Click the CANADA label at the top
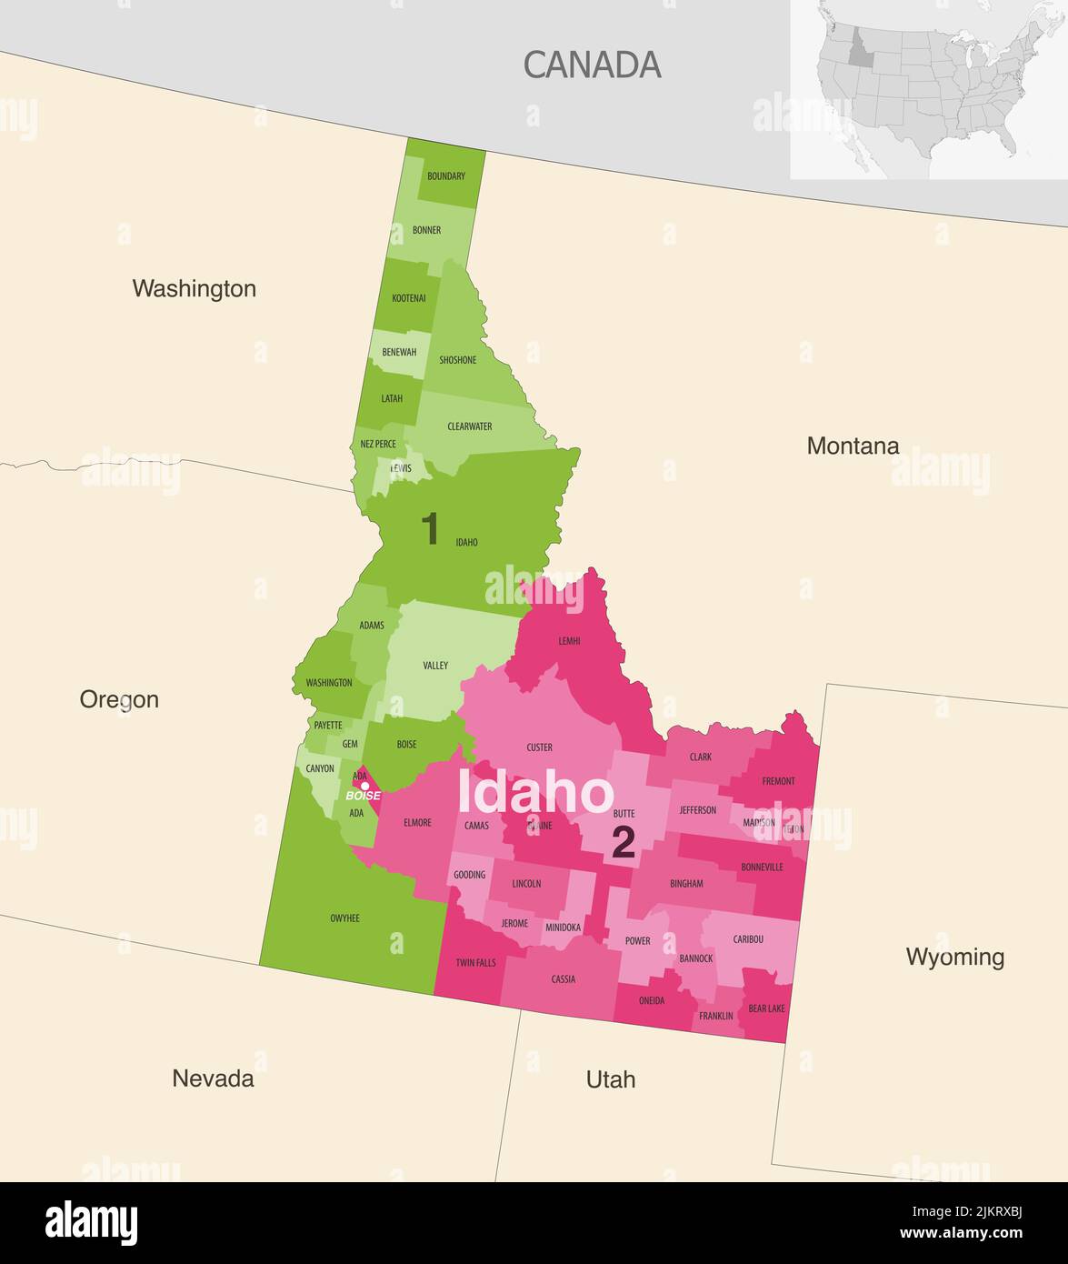point(592,65)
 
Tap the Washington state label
point(194,288)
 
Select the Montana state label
point(853,446)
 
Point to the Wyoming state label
point(954,957)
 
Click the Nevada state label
point(213,1078)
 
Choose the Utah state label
point(610,1079)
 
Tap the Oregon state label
point(119,699)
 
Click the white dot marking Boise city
point(365,786)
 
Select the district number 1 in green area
point(430,529)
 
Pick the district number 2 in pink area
point(623,843)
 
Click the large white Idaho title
point(534,793)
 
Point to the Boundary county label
point(446,176)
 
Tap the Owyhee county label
point(344,918)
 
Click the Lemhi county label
point(569,642)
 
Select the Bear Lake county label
point(766,1008)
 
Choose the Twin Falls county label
point(475,962)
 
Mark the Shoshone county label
point(457,360)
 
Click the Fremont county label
point(778,781)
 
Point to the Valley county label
point(435,666)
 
